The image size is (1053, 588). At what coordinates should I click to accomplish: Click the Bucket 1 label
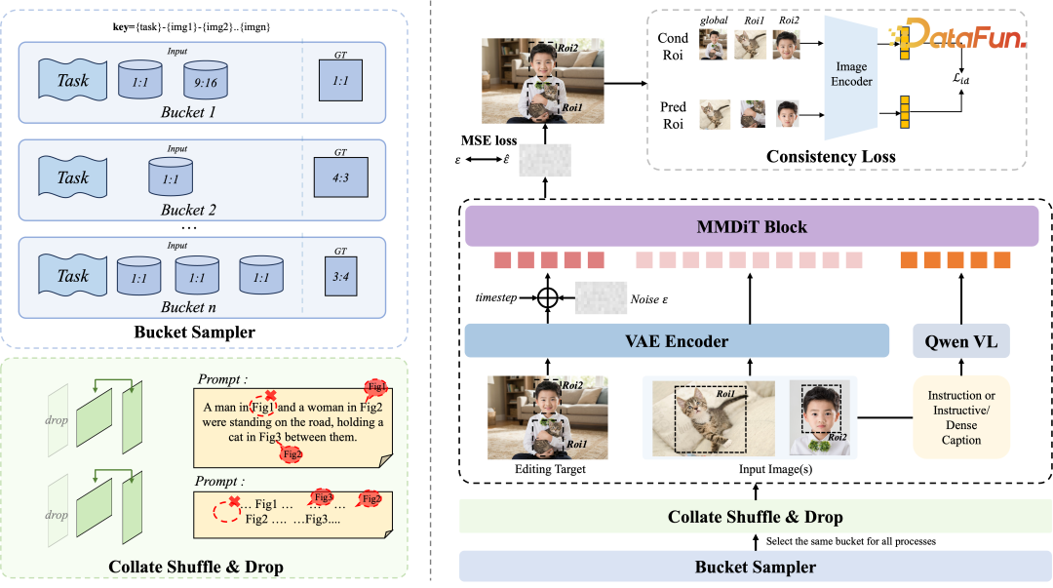point(188,113)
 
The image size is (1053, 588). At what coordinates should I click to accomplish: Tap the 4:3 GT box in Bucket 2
point(340,177)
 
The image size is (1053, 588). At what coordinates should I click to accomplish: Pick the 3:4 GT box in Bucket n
point(340,276)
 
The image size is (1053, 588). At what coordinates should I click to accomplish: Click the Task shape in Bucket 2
point(73,177)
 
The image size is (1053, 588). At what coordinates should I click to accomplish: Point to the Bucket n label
point(188,307)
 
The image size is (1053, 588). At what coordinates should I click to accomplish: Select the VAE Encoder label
point(676,341)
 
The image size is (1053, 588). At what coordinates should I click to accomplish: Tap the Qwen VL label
point(960,341)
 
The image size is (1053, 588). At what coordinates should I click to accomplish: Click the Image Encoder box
point(851,74)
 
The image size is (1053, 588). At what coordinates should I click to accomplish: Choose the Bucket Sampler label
point(756,567)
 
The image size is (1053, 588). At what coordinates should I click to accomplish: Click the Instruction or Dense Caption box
point(961,417)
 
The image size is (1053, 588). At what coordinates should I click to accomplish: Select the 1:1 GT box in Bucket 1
point(340,80)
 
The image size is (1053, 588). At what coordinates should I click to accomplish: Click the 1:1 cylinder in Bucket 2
point(171,177)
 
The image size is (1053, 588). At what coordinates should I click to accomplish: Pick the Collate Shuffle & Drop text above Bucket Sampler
point(756,517)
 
